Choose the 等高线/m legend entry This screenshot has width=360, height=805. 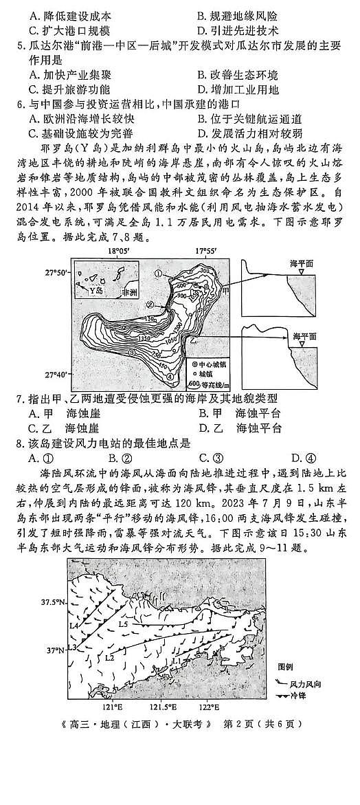click(x=210, y=383)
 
